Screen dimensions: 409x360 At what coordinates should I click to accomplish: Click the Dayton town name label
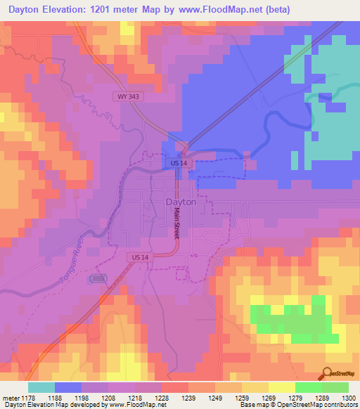coord(181,201)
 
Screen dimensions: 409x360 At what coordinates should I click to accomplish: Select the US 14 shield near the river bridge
coord(179,163)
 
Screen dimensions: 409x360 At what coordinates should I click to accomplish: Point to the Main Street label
coord(177,224)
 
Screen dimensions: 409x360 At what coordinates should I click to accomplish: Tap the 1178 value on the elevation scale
coord(28,398)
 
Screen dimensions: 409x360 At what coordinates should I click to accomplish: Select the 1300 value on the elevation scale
coord(347,398)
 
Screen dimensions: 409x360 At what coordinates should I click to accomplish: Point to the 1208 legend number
coord(108,398)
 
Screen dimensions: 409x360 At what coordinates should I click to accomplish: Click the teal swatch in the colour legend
coord(41,387)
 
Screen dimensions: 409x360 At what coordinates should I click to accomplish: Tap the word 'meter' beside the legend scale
coord(10,398)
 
